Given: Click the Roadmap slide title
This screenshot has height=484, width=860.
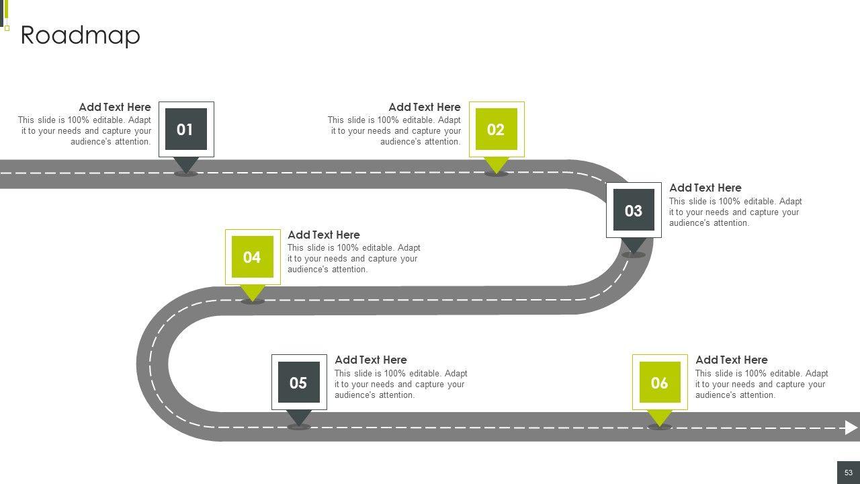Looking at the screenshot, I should [x=80, y=35].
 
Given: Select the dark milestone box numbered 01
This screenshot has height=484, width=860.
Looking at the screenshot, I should [x=185, y=129].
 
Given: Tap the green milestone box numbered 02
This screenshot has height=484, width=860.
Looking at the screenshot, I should [x=496, y=129].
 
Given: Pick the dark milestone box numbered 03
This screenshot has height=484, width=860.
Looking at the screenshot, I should [x=633, y=210].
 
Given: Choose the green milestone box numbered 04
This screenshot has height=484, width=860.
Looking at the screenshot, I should [x=252, y=257].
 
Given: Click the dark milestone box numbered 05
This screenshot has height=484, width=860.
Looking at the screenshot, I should [x=298, y=382].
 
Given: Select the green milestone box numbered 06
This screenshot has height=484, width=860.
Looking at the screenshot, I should [x=659, y=382].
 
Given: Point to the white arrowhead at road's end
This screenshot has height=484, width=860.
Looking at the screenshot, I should [x=851, y=428].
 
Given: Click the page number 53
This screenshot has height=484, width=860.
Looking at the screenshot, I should [x=848, y=473].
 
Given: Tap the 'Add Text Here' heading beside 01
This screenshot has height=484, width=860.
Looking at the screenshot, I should [x=114, y=107].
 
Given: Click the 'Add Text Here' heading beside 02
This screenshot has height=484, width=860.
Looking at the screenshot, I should [x=424, y=107].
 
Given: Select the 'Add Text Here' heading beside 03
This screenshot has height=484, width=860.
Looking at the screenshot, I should [x=705, y=188].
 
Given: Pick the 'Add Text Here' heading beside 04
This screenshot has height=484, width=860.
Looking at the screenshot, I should [x=323, y=235].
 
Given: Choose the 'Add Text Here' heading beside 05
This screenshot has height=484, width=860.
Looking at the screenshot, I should [x=370, y=360].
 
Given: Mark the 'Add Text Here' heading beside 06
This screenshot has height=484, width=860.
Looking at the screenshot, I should [x=731, y=360].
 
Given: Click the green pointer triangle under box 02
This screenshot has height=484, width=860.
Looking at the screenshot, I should [x=496, y=164].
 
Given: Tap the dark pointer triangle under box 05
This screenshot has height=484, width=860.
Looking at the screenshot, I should [x=298, y=417].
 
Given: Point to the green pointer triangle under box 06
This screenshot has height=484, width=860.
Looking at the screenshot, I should [x=659, y=417].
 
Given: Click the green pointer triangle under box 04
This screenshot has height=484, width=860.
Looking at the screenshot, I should [x=252, y=292].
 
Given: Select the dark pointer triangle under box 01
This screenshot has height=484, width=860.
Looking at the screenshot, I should [x=185, y=164].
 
